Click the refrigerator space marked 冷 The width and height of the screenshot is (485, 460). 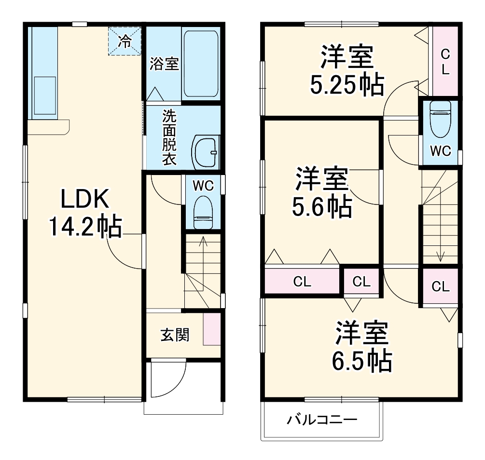pos(125,41)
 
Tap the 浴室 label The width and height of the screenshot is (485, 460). pos(164,64)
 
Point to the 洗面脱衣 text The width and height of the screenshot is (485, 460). pos(168,138)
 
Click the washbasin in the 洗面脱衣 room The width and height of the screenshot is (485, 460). pos(206,152)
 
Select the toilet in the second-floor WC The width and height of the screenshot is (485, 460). pos(440,119)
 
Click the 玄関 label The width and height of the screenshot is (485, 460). pos(175,334)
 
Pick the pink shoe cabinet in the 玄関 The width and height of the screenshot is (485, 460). pos(211,329)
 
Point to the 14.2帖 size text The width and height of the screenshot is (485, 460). pos(84,227)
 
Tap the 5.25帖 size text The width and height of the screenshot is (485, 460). pos(346,85)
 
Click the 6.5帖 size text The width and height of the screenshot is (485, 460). pos(361,360)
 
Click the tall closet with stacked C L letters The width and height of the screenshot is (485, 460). pos(445,61)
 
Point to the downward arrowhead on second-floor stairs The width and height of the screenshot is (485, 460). pos(440,257)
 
